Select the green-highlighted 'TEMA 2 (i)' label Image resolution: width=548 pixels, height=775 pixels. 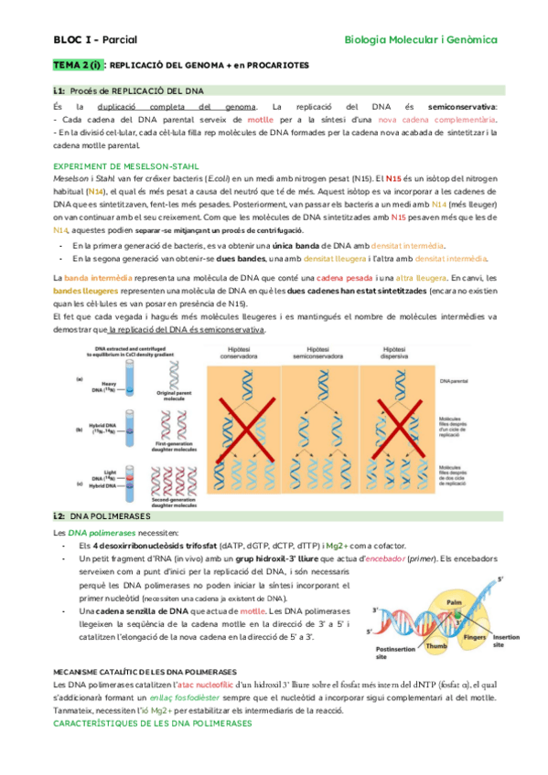[x=78, y=66]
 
